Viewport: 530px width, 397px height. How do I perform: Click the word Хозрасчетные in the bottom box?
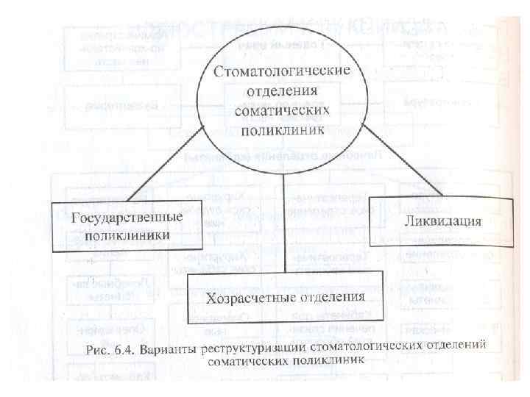[x=244, y=298]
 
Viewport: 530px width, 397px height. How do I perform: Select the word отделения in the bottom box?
[x=325, y=298]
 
